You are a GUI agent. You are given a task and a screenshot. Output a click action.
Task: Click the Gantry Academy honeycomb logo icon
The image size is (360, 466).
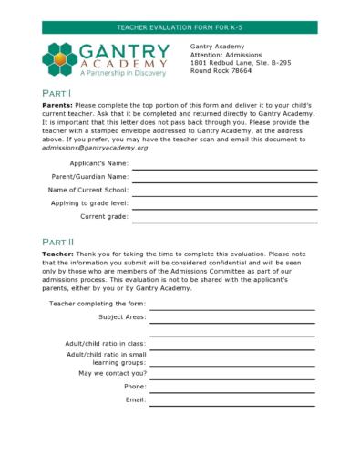point(61,59)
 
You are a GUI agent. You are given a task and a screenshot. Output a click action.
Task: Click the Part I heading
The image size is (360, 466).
point(57,93)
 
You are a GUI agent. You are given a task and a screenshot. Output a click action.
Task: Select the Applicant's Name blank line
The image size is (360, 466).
point(224,167)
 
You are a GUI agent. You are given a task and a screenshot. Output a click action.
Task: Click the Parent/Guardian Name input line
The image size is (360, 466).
point(224,181)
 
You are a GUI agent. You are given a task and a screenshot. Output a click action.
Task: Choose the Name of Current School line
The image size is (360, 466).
point(224,194)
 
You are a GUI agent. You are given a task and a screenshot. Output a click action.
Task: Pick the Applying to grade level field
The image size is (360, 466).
point(224,207)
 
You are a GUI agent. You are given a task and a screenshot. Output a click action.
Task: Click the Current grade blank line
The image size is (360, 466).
point(224,221)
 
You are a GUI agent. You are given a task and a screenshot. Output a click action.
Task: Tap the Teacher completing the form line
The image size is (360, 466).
point(231,307)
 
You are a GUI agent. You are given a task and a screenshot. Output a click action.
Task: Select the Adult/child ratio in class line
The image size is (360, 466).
point(231,347)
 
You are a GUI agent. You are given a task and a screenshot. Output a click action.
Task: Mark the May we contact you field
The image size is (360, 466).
point(231,377)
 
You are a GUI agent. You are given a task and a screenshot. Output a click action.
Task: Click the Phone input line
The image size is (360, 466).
point(231,390)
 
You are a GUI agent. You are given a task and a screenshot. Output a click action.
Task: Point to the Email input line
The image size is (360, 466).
point(231,404)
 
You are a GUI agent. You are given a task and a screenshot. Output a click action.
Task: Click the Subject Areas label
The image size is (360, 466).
point(122,317)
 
